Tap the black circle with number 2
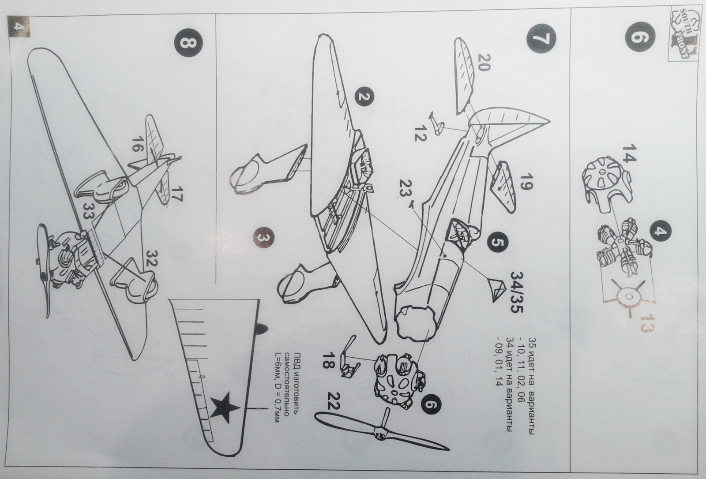(363, 98)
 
